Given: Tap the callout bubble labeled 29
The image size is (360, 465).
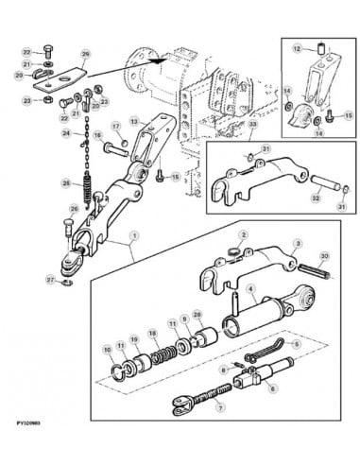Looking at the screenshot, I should pos(85,55).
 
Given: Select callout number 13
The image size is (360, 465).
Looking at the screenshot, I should pos(133,121).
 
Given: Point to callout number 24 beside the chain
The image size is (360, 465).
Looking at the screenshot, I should pos(66,133).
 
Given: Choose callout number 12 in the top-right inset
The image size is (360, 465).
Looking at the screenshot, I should pos(294,47).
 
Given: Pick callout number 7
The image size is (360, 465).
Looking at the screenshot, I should pos(219,407).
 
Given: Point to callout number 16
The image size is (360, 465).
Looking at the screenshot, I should pos(96,137).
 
